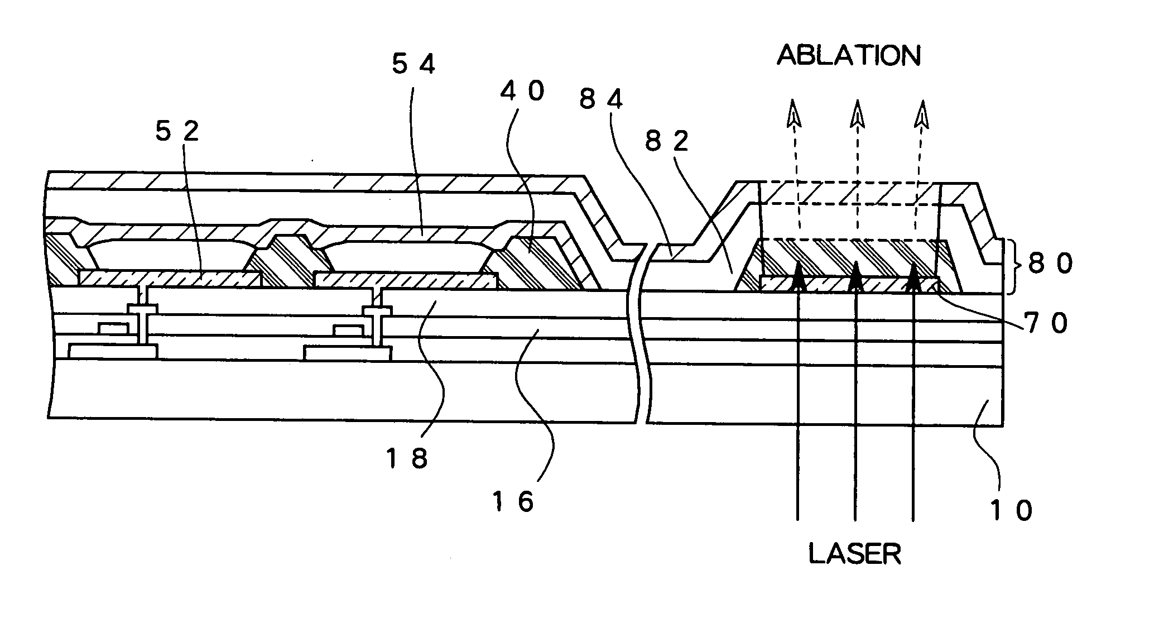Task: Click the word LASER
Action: (855, 554)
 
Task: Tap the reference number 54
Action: (413, 66)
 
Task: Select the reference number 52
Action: (176, 132)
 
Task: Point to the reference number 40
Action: (522, 90)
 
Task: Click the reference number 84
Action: (600, 100)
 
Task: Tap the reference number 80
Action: (1050, 264)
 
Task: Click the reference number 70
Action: (1046, 323)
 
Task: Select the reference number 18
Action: (406, 459)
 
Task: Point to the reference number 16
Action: (513, 501)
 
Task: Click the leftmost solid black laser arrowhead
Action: (798, 275)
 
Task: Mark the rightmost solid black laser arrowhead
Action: (913, 275)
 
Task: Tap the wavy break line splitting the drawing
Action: (642, 335)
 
